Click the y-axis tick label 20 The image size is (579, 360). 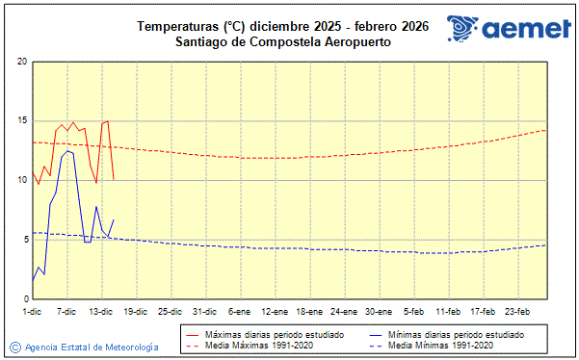[21, 62]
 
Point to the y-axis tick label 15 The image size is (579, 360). [21, 121]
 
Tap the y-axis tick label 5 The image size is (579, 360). [23, 240]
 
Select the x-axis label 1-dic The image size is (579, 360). [32, 311]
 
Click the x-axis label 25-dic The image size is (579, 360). [169, 311]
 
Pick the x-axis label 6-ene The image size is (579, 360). [238, 311]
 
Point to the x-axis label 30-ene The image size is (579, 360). [379, 311]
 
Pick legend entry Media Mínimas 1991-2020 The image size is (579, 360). [445, 345]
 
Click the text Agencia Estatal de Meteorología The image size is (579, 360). [92, 346]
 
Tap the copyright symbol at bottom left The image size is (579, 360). [14, 346]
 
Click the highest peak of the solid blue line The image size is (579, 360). [67, 151]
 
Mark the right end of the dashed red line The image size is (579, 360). [546, 130]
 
